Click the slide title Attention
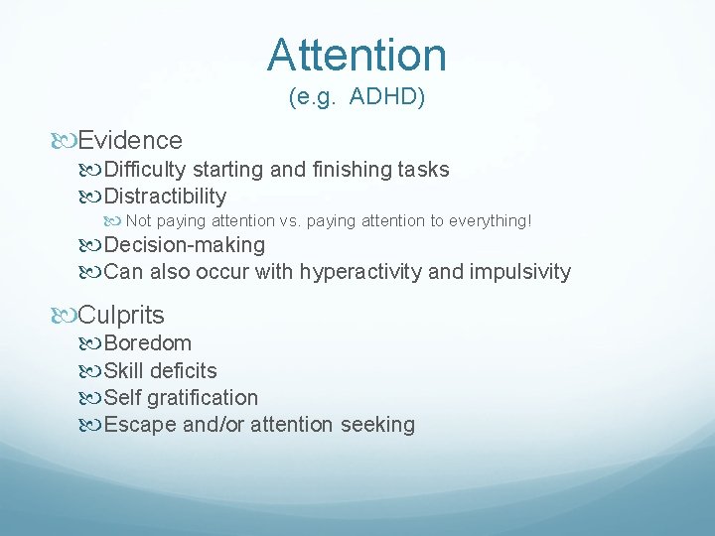pyautogui.click(x=357, y=55)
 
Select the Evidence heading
pyautogui.click(x=130, y=141)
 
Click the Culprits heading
pyautogui.click(x=121, y=316)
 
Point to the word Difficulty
pyautogui.click(x=146, y=170)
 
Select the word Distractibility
pyautogui.click(x=165, y=197)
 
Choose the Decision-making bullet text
pyautogui.click(x=185, y=245)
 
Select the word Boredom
pyautogui.click(x=148, y=343)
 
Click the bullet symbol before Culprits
pyautogui.click(x=68, y=317)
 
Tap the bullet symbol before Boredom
pyautogui.click(x=93, y=344)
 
